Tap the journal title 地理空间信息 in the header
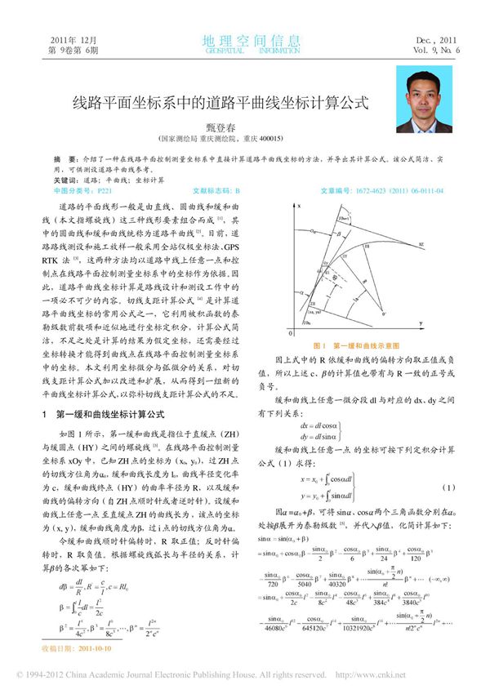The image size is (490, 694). [244, 41]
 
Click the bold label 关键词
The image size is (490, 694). [65, 179]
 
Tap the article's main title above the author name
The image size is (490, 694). [211, 104]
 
